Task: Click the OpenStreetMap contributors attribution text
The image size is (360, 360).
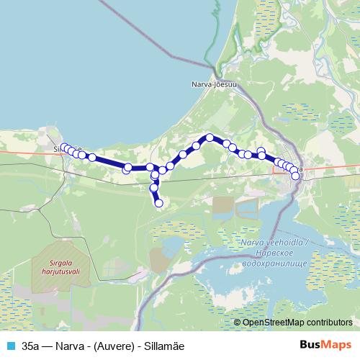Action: (297, 323)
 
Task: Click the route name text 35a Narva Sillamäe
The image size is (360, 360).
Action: (103, 346)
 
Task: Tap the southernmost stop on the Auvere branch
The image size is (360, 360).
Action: (159, 204)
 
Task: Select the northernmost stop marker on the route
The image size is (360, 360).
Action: (210, 137)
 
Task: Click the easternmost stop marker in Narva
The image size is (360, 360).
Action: (296, 176)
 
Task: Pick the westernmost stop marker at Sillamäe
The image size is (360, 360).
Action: (63, 148)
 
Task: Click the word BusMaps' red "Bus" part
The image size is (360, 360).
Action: (308, 346)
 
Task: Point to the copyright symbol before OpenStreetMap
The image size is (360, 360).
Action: (238, 323)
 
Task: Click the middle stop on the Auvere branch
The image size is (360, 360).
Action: (153, 189)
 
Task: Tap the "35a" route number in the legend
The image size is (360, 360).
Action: (31, 346)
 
